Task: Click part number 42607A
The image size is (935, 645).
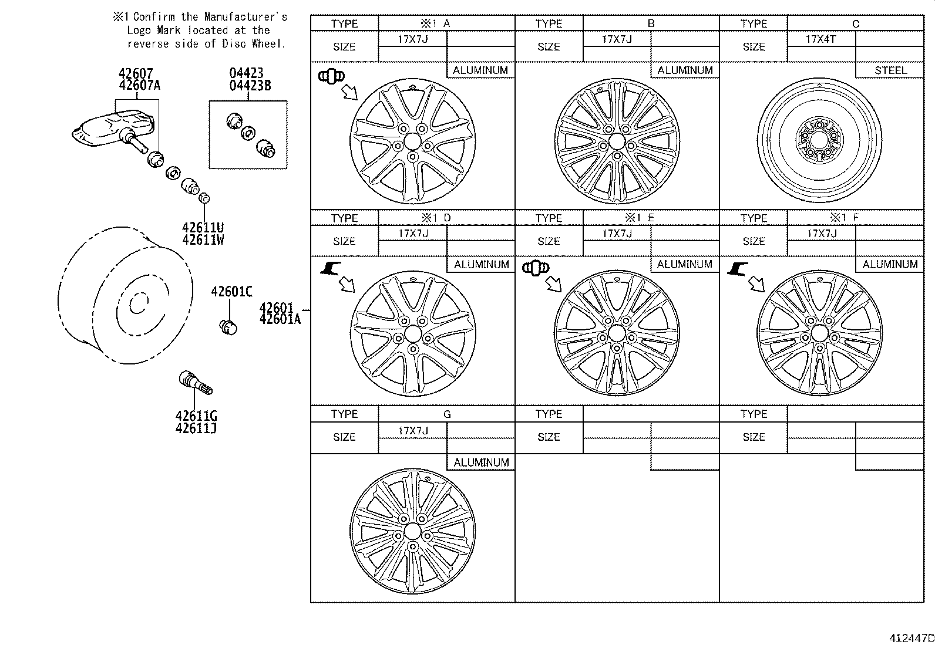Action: point(139,85)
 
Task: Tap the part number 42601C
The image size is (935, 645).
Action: point(231,292)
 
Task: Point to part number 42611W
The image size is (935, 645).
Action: point(203,240)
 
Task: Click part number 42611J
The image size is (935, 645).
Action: point(196,428)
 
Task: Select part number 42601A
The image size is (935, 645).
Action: point(280,319)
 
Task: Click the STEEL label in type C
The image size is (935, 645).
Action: point(890,70)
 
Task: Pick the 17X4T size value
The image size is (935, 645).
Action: point(820,39)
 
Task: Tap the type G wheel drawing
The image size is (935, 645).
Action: point(412,531)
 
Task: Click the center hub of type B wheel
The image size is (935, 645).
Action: point(616,141)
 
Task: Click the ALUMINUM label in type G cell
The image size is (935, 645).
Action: point(481,462)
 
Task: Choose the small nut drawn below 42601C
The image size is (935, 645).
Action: point(228,326)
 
